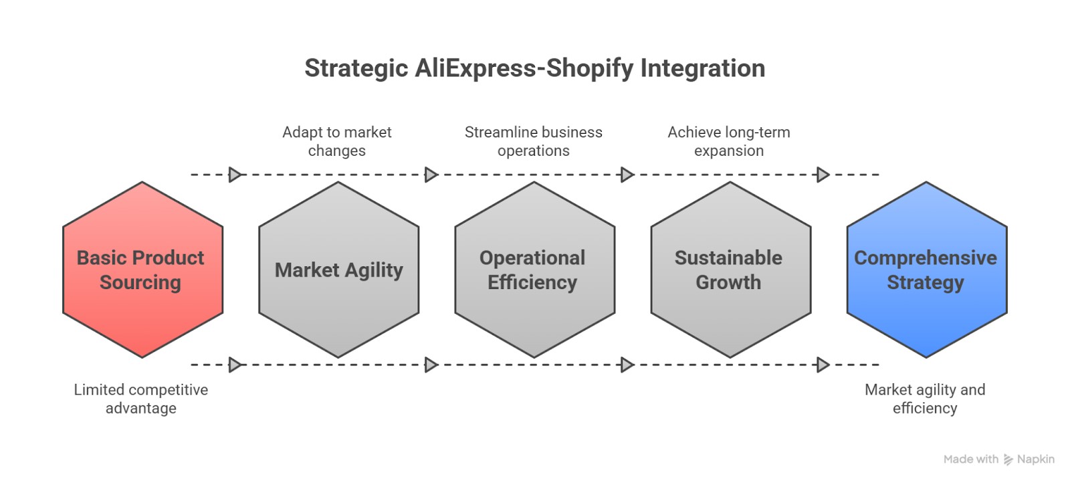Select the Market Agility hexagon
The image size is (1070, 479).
point(338,270)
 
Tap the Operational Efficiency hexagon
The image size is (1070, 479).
point(534,270)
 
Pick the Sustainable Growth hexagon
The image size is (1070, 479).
point(730,270)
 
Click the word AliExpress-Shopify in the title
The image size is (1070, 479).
point(524,68)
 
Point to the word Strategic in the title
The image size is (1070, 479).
point(356,68)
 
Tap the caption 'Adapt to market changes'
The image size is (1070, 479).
point(337,141)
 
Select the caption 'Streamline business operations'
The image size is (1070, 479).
point(534,141)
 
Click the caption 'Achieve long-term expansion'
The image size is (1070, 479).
point(729,141)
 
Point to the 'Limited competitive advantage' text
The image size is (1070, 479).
point(141,399)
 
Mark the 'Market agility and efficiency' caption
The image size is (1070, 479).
point(925,399)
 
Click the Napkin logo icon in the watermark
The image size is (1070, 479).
point(1008,460)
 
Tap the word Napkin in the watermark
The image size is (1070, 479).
point(1035,460)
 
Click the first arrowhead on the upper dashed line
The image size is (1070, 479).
point(235,175)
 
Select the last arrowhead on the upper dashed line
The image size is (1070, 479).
point(823,175)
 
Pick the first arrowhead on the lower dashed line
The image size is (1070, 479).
point(235,365)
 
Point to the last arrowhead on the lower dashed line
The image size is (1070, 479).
point(823,365)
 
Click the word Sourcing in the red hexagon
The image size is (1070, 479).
point(140,282)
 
